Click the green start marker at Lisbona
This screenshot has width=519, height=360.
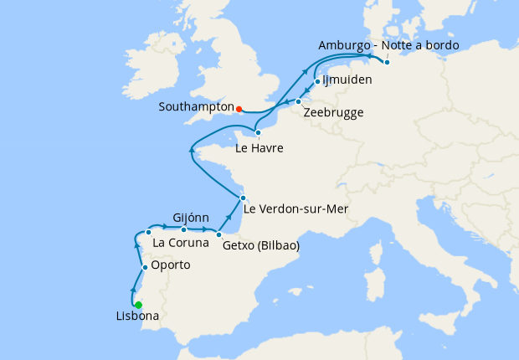point(139,305)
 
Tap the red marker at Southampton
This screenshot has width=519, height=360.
point(239,109)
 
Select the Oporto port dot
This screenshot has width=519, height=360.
point(146,267)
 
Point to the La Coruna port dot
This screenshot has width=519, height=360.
point(148,232)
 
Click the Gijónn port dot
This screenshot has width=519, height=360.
point(184,229)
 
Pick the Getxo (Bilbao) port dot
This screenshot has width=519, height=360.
point(219,234)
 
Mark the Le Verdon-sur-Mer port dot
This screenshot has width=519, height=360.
point(243,198)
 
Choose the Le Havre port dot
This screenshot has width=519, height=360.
point(258,132)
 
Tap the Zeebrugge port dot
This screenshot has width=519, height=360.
point(299,102)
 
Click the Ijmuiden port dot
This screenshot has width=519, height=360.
point(317,81)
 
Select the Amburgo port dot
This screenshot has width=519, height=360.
point(387,62)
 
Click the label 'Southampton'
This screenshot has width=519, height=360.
point(197,108)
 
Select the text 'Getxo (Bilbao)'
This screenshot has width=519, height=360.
point(261,246)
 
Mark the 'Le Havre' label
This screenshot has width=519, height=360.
point(259,149)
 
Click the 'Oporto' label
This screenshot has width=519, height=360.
point(171,265)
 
